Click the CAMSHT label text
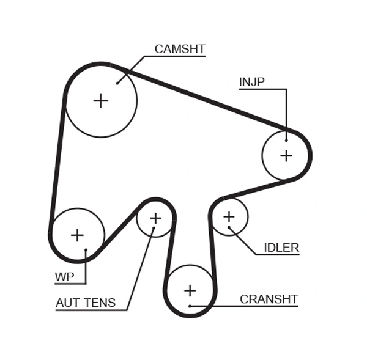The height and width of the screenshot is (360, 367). [179, 50]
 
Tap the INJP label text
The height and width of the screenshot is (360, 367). [251, 82]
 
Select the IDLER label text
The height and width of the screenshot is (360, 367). [281, 248]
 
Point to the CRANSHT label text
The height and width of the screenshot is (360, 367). [269, 299]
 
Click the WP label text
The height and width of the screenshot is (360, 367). [64, 277]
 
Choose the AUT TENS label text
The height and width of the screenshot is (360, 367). [85, 303]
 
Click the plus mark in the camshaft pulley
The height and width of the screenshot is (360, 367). [100, 101]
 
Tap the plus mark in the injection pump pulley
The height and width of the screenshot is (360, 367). [286, 155]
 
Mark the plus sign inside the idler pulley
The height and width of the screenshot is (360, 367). [229, 216]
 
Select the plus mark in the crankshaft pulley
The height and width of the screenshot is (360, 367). [190, 290]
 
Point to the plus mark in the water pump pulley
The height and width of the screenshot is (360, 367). [77, 235]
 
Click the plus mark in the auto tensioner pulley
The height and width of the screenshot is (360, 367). [155, 218]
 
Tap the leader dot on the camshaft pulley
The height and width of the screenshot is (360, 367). [117, 83]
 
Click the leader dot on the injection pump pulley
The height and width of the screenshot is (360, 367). [286, 140]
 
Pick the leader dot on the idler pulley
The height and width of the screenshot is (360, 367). [229, 228]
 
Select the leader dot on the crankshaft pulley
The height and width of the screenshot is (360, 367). [190, 306]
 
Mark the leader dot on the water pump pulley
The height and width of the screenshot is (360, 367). [86, 250]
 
